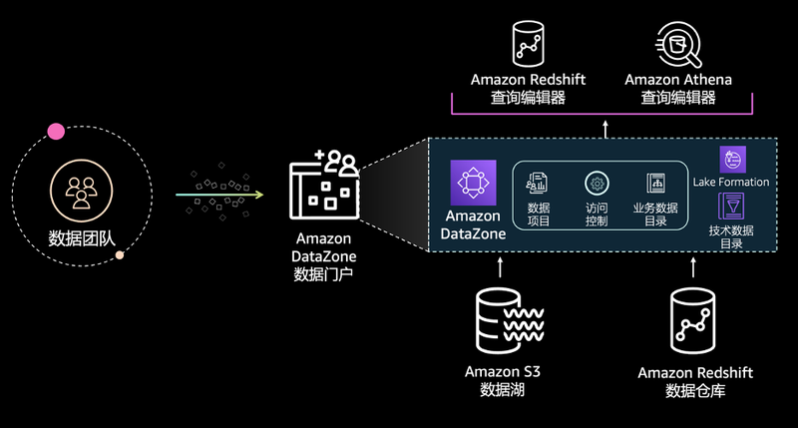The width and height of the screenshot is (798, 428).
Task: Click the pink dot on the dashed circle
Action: (56, 132)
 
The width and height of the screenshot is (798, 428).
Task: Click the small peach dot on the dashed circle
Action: (120, 255)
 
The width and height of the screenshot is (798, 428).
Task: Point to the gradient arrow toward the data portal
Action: (219, 195)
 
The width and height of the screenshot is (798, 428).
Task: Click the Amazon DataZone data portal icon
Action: (323, 187)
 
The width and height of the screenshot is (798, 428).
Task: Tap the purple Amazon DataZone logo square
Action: (473, 184)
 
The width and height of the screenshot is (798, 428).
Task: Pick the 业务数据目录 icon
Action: (655, 184)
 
